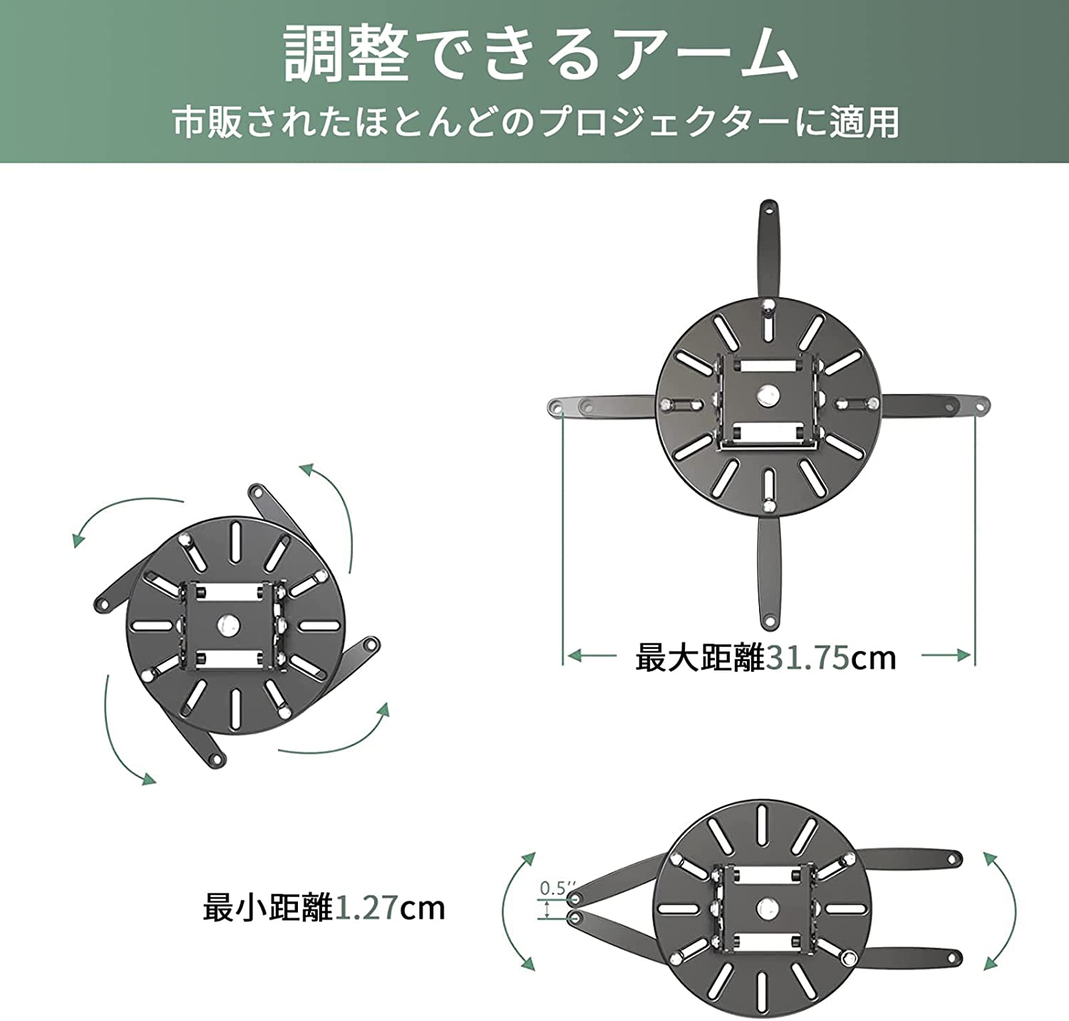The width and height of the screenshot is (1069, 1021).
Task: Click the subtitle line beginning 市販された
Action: click(536, 123)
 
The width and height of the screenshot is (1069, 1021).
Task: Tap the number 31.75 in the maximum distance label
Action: click(807, 658)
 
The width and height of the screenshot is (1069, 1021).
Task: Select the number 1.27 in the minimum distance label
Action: click(366, 908)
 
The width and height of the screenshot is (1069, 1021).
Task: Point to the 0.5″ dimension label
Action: click(553, 888)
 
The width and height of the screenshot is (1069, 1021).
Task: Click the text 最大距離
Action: click(700, 658)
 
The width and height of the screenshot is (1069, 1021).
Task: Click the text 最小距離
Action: click(268, 908)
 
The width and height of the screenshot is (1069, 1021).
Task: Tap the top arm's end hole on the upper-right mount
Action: click(768, 210)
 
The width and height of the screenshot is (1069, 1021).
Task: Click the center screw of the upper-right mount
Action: click(768, 393)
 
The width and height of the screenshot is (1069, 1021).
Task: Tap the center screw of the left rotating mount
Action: click(229, 625)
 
